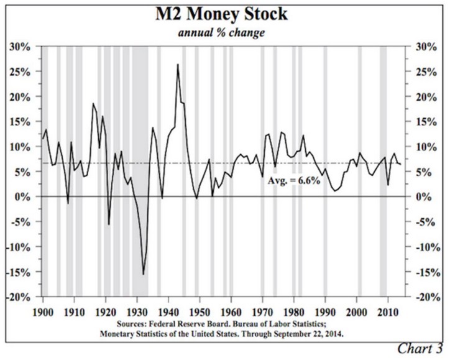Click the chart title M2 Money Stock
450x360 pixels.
[226, 16]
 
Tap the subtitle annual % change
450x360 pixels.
[226, 33]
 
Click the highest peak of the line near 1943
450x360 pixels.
[178, 65]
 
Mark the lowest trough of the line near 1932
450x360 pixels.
[144, 274]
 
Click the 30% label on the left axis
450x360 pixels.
[22, 47]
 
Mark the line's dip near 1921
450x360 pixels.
[109, 224]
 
